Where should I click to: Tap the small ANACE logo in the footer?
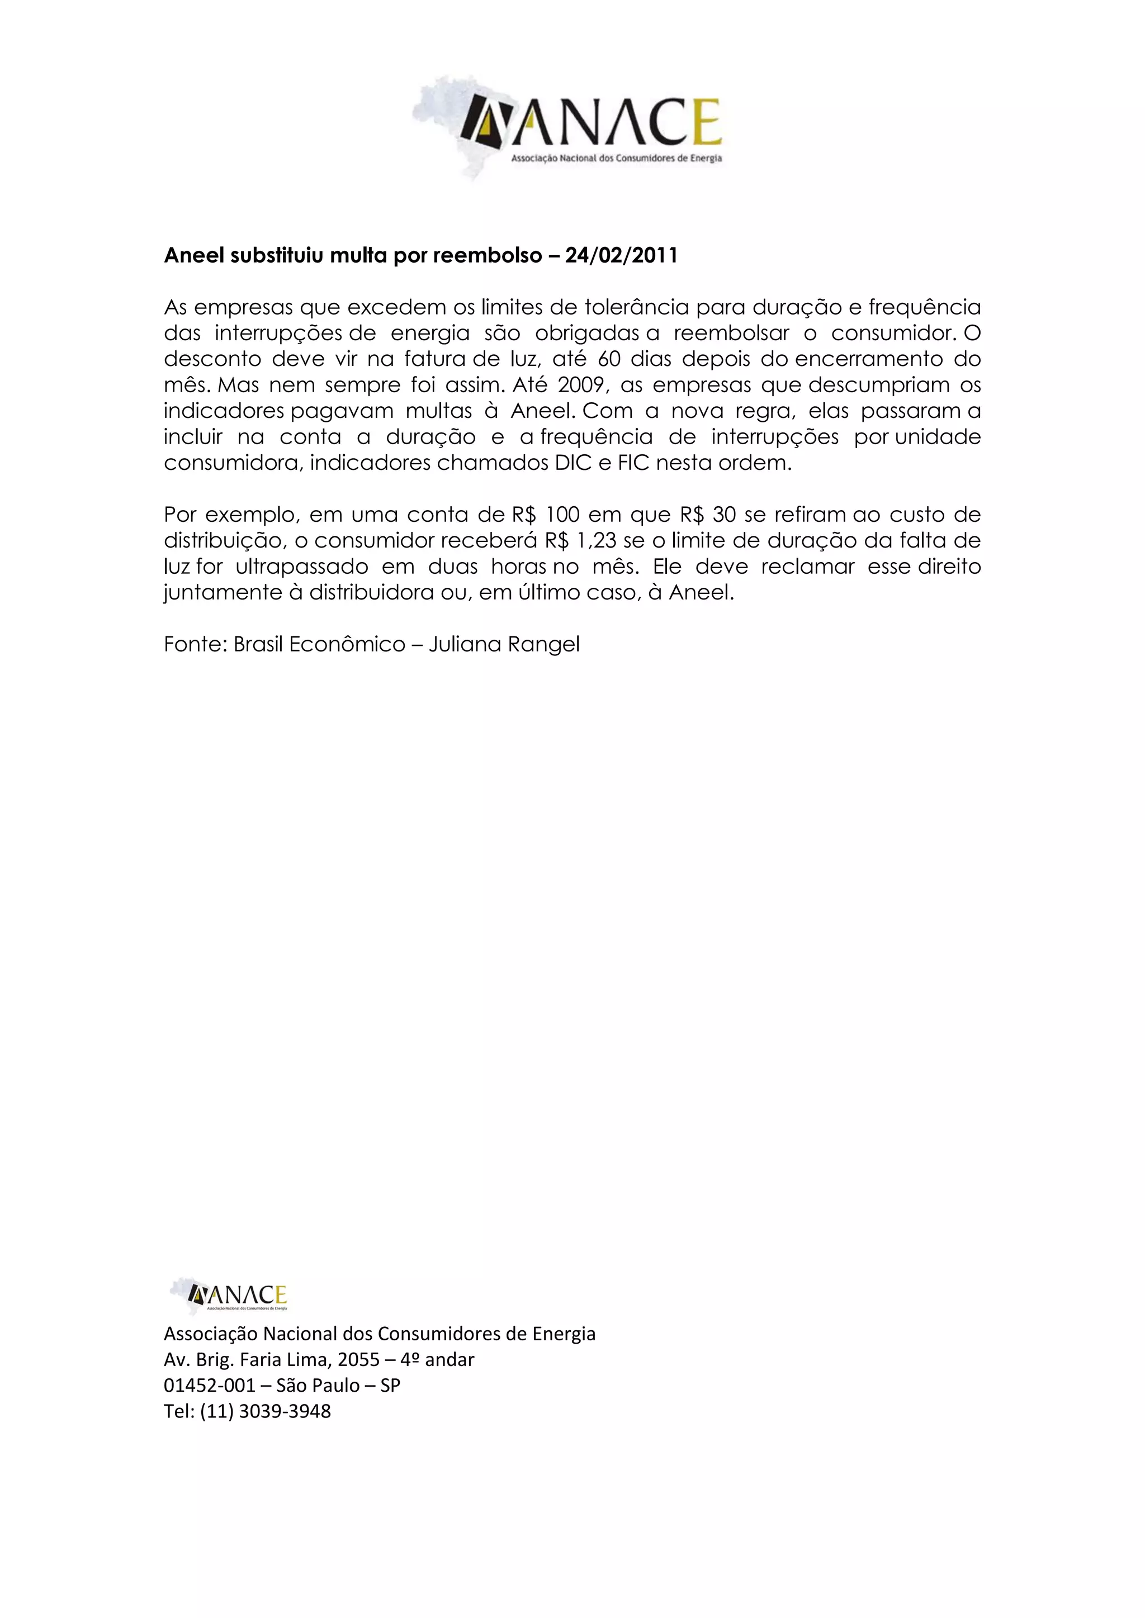click(229, 1297)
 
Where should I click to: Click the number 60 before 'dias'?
click(608, 359)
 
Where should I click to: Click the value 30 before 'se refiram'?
click(724, 515)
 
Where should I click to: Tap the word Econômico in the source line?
click(347, 644)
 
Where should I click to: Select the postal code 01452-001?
click(210, 1386)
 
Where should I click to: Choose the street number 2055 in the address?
click(359, 1359)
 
